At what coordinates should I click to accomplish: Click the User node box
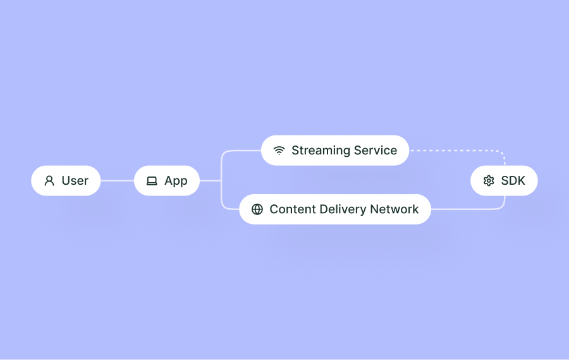coord(66,181)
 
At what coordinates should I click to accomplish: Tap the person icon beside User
coord(49,181)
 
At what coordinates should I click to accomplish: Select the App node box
coord(167,181)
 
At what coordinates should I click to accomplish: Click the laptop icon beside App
coord(152,181)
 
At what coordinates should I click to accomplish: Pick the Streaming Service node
coord(335,151)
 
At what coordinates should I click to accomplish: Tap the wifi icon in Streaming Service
coord(279,151)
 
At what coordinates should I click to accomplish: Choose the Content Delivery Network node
coord(335,209)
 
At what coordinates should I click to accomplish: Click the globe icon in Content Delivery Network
coord(257,209)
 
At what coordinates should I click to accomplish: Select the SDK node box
coord(504,181)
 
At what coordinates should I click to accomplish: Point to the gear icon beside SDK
coord(489,181)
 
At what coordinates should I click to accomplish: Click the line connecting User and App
coord(117,181)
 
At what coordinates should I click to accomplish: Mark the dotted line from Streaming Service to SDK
coord(455,151)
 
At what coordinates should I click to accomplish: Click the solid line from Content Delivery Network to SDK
coord(468,209)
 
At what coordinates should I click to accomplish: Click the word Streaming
coord(321,151)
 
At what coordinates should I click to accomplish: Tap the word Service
coord(376,151)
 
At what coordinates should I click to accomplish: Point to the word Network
coord(395,209)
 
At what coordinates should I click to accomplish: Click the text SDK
coord(513,181)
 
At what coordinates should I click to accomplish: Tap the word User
coord(75,181)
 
